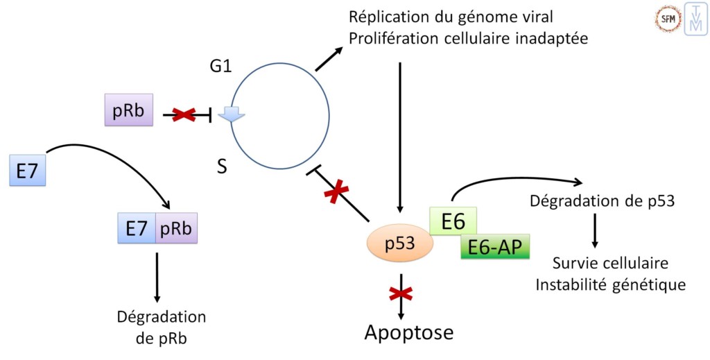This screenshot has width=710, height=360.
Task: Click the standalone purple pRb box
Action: coord(128,111)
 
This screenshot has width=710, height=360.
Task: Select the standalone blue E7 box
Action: coord(27,171)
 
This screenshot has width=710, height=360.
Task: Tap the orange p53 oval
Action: coord(398,243)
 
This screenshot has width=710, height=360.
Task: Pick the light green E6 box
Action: coord(452,222)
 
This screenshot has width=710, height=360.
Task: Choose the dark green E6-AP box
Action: coord(494,246)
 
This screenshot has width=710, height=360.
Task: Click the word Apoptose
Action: coord(409,333)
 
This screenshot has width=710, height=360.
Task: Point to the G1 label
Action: coord(220,69)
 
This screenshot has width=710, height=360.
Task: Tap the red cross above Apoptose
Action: coord(400,293)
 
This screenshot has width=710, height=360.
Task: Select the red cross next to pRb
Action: coord(183,115)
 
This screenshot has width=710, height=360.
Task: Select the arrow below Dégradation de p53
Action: coord(595,231)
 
